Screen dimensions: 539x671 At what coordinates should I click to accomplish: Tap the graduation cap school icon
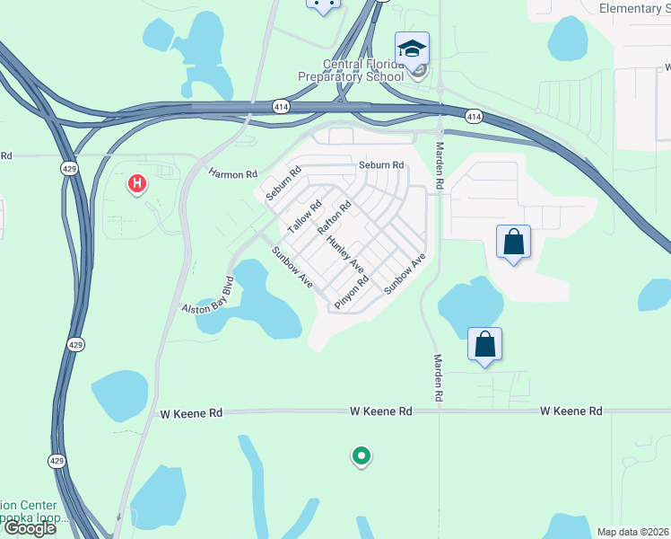(x=413, y=48)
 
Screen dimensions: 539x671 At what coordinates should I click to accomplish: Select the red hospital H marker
(x=137, y=185)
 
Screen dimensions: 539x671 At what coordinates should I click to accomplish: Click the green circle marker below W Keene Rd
(x=362, y=457)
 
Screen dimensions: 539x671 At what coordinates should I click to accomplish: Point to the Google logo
(x=29, y=528)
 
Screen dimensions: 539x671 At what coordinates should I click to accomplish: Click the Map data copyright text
(x=632, y=532)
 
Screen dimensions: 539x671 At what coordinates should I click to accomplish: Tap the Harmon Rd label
(x=232, y=173)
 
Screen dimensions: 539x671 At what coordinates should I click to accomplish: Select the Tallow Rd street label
(x=304, y=216)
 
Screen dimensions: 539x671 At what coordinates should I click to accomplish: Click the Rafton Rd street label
(x=334, y=217)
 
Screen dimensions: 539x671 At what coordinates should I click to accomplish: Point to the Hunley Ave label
(x=344, y=254)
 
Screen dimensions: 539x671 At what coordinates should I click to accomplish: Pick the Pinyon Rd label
(x=352, y=293)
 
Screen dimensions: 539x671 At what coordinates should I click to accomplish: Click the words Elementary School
(x=630, y=8)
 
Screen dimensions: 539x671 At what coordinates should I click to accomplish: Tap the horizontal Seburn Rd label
(x=381, y=165)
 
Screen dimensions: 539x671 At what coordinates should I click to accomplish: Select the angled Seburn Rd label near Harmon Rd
(x=281, y=183)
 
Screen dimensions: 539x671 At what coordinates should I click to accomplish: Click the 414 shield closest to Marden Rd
(x=475, y=117)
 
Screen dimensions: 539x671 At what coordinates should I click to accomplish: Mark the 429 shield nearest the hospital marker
(x=68, y=168)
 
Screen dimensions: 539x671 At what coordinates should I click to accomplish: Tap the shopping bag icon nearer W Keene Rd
(x=484, y=344)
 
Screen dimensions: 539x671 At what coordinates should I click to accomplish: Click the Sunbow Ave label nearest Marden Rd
(x=404, y=275)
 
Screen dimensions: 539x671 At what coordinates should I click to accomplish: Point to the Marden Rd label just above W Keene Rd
(x=439, y=377)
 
